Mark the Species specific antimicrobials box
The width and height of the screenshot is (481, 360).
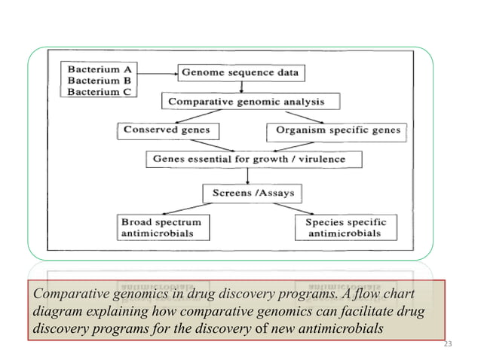point(345,228)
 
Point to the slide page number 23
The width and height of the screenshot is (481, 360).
point(448,344)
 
